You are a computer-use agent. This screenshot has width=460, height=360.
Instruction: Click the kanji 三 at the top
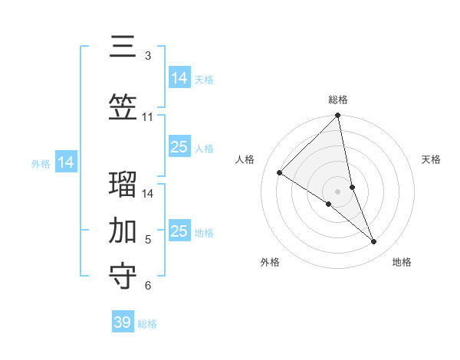pos(123,47)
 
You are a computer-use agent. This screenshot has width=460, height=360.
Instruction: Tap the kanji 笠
pos(123,109)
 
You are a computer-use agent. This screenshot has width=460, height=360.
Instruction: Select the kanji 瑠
pos(123,186)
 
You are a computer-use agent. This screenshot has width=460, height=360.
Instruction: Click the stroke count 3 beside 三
pos(148,56)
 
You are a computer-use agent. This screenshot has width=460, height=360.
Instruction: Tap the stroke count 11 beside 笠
pos(148,117)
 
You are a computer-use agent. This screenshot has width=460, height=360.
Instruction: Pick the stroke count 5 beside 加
pos(148,240)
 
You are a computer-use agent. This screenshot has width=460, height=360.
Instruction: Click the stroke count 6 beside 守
pos(148,286)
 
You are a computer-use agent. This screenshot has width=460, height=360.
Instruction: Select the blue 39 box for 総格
pos(122,322)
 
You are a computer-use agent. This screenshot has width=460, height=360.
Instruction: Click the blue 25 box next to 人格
pos(179,147)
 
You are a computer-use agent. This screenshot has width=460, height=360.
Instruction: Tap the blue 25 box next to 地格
pos(179,231)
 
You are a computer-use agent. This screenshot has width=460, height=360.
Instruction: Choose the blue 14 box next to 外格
pos(66,162)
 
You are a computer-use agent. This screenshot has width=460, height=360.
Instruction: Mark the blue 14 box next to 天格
pos(179,78)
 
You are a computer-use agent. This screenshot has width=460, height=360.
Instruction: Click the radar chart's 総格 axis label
pos(338,100)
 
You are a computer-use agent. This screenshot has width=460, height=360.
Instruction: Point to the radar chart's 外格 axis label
pos(270,262)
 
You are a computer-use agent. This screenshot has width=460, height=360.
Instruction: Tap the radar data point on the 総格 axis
pos(338,116)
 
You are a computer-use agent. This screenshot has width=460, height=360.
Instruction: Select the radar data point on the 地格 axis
pos(374,242)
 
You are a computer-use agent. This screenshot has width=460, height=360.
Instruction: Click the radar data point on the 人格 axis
pos(280,173)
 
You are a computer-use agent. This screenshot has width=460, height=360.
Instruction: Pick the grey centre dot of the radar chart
pos(338,191)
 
